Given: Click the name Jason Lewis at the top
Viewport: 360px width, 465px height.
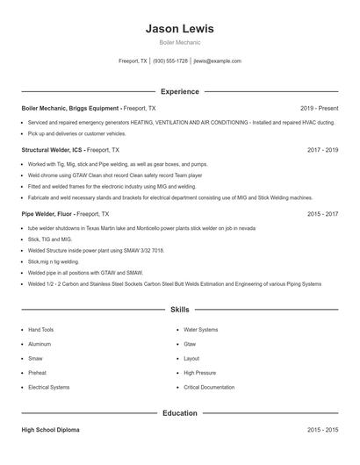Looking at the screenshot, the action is [x=179, y=29].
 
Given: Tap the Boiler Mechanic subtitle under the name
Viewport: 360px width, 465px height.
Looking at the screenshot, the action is [x=179, y=42].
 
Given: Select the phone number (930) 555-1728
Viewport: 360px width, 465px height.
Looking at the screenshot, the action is [x=170, y=61].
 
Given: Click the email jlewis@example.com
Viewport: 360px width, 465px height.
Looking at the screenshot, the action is [x=217, y=61].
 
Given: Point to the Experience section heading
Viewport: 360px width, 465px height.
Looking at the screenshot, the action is [x=179, y=91].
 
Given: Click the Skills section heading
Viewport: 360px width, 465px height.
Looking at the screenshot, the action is [x=179, y=310].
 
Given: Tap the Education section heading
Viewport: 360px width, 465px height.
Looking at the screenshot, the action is [x=179, y=412].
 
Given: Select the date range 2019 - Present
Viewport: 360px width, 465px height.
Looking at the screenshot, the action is [x=319, y=108].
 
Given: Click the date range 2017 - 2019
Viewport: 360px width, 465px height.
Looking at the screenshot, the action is [x=322, y=150].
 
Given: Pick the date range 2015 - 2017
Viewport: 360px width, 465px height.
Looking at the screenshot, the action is [x=322, y=213].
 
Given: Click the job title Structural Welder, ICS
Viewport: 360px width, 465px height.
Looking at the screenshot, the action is [x=53, y=150].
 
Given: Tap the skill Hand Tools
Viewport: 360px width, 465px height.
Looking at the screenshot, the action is [x=40, y=330].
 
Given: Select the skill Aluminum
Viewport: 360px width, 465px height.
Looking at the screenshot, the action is [x=40, y=344].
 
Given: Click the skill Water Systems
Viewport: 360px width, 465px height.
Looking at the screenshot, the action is [x=201, y=330].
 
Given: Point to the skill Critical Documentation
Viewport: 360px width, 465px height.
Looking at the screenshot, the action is [x=209, y=387].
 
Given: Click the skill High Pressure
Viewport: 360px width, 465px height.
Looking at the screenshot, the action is [x=199, y=373].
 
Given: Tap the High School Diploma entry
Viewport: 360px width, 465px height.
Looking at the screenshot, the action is [x=50, y=430].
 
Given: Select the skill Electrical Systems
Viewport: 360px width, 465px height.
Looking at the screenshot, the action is [x=48, y=387].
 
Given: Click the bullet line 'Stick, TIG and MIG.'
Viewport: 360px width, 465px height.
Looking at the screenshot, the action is [x=50, y=239].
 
